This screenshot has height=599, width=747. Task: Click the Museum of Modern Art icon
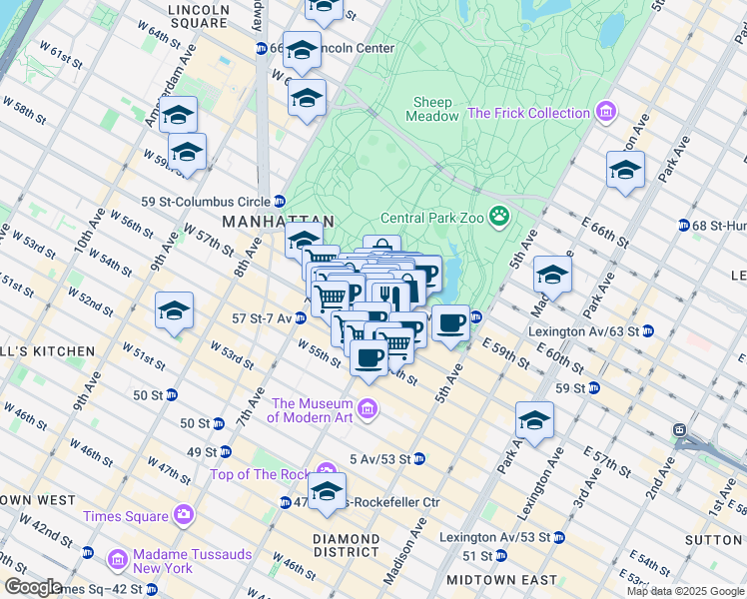pyautogui.click(x=368, y=407)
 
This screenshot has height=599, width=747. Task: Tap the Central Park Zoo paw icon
pyautogui.click(x=498, y=217)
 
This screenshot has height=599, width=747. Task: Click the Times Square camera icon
pyautogui.click(x=183, y=515)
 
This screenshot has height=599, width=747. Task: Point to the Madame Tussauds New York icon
pyautogui.click(x=118, y=558)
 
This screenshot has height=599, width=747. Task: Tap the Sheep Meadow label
pyautogui.click(x=432, y=109)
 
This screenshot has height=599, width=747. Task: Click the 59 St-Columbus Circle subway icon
pyautogui.click(x=280, y=200)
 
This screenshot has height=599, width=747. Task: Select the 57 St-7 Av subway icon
pyautogui.click(x=300, y=318)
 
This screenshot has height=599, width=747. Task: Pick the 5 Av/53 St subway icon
pyautogui.click(x=419, y=458)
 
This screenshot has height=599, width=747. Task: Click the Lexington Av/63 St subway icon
pyautogui.click(x=647, y=330)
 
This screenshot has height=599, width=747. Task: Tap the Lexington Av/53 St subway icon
pyautogui.click(x=558, y=536)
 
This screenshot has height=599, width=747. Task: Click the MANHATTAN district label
pyautogui.click(x=278, y=221)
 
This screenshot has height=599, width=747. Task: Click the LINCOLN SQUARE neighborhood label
pyautogui.click(x=213, y=14)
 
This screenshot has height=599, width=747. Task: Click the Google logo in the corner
pyautogui.click(x=33, y=586)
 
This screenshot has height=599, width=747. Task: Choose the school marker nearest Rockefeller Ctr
pyautogui.click(x=327, y=491)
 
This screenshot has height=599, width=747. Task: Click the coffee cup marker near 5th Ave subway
pyautogui.click(x=450, y=322)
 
